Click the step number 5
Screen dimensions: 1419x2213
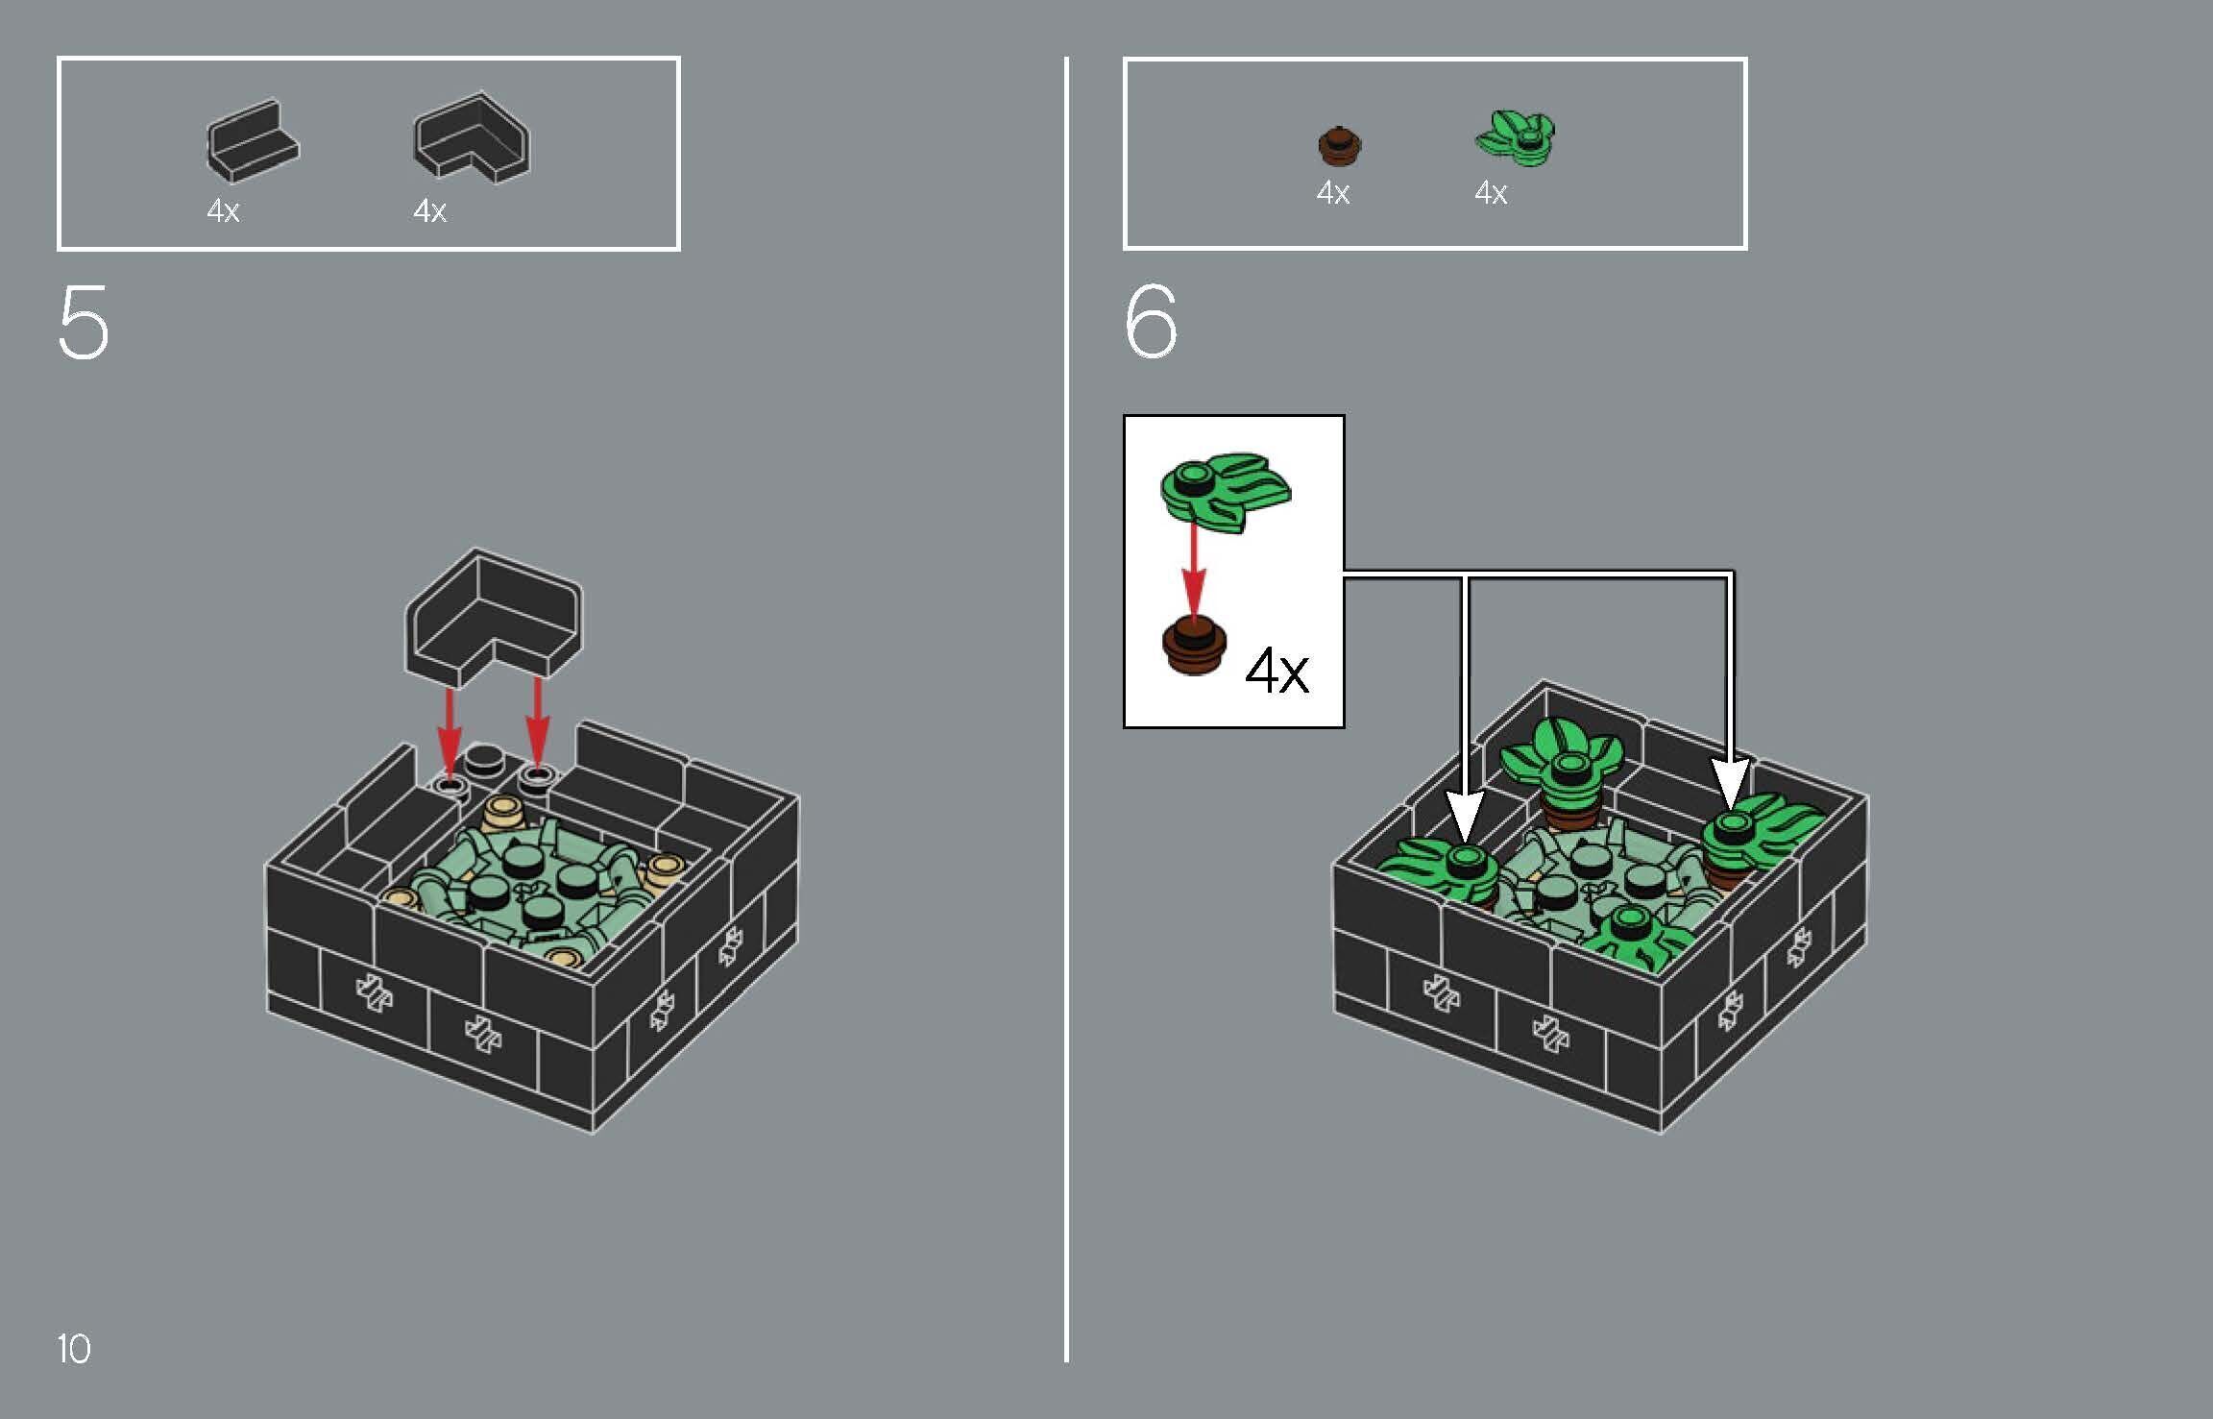[x=84, y=324]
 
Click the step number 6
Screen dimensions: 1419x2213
[x=1150, y=322]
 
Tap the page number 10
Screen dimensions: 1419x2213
[x=74, y=1348]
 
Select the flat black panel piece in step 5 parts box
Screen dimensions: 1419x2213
[x=252, y=141]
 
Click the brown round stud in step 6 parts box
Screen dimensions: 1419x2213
[x=1340, y=145]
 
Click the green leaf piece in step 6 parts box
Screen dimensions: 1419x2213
[x=1516, y=137]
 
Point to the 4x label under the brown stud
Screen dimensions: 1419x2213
[x=1332, y=193]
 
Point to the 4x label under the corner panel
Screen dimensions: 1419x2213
[x=429, y=211]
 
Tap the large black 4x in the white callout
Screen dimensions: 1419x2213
[x=1277, y=671]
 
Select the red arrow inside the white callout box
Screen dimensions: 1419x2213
[x=1193, y=572]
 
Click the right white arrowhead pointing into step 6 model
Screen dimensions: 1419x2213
[x=1731, y=783]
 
